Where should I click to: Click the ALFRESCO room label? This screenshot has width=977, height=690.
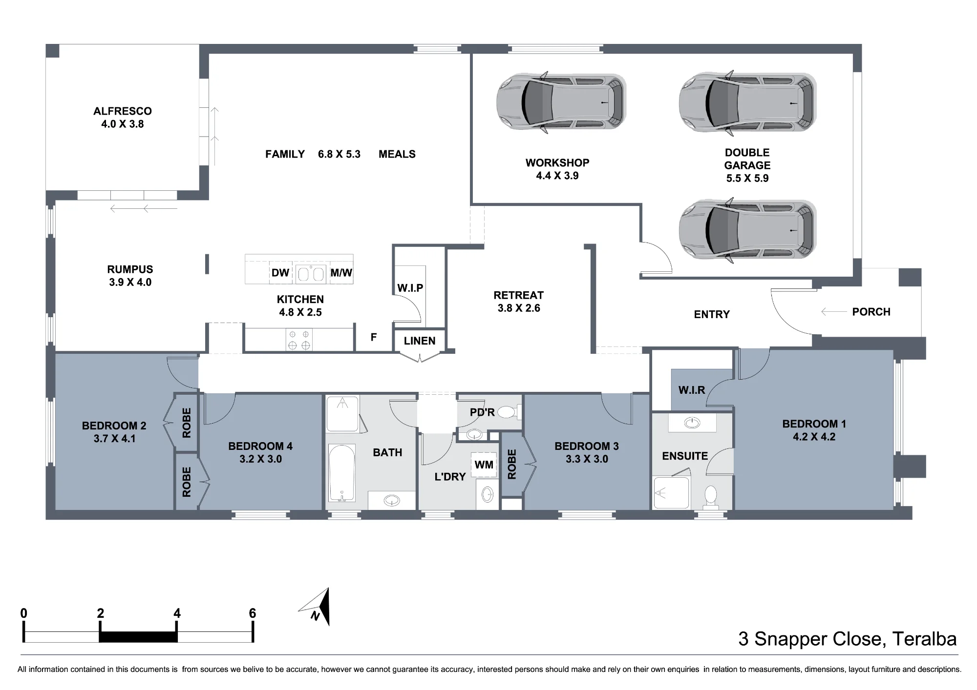point(123,111)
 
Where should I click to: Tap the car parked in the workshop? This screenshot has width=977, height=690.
point(561,102)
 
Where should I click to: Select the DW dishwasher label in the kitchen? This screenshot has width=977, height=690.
point(280,273)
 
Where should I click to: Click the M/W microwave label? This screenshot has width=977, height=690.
point(341,273)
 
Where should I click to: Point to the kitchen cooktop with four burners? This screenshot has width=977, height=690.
point(299,340)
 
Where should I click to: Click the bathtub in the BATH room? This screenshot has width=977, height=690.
point(342,472)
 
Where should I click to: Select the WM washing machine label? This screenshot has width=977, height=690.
point(484,465)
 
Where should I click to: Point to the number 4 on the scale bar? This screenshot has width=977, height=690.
point(177,613)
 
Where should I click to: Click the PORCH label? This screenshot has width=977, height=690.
point(871,312)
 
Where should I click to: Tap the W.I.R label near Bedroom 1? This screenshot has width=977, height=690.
point(692,390)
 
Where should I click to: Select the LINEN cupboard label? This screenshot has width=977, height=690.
point(420,341)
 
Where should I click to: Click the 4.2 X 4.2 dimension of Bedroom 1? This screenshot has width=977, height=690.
point(814,437)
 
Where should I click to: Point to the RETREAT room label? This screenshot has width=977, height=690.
point(518,295)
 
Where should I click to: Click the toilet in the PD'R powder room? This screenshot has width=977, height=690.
point(509,412)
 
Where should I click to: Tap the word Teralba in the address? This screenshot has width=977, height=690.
point(925,639)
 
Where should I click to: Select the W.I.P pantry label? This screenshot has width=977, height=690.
point(410,288)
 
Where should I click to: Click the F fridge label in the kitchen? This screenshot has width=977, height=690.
point(374,337)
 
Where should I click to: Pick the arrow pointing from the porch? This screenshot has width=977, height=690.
point(833,312)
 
